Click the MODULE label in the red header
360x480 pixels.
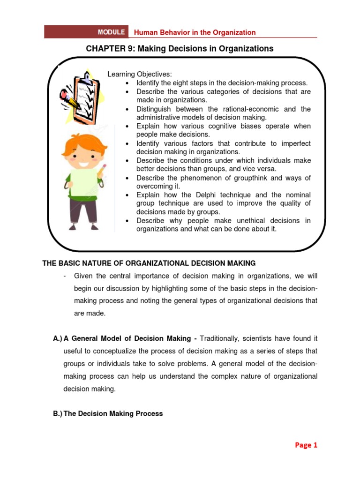(111, 32)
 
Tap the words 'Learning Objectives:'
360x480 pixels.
(140, 74)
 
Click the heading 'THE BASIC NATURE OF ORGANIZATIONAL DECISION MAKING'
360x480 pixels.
(149, 263)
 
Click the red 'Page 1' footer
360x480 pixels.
(306, 445)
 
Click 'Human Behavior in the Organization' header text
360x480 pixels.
(195, 32)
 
